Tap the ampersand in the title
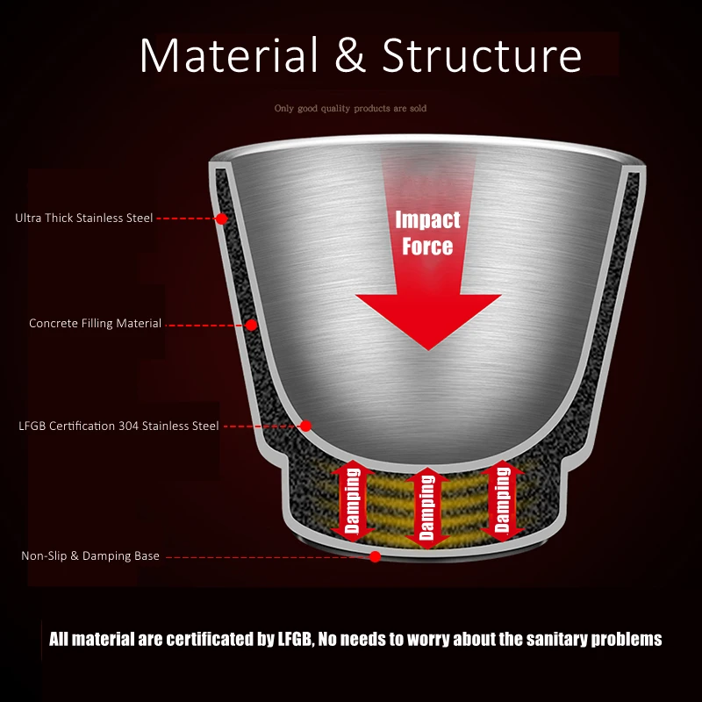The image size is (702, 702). coord(350,55)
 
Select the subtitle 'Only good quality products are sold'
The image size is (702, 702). coord(350,109)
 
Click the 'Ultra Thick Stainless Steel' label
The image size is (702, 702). coord(84,218)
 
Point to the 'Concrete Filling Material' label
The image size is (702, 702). coord(96,324)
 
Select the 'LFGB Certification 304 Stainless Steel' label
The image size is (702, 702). coord(118,426)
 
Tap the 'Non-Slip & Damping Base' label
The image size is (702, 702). coord(90,555)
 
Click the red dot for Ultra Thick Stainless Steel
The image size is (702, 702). coord(222,218)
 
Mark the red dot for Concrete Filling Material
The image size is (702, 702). coord(251,325)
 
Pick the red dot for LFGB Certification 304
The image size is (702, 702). coord(306,426)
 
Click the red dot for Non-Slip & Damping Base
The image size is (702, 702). coord(376,555)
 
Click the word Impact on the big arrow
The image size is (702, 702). coord(427,218)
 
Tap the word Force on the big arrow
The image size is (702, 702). coord(427,245)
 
